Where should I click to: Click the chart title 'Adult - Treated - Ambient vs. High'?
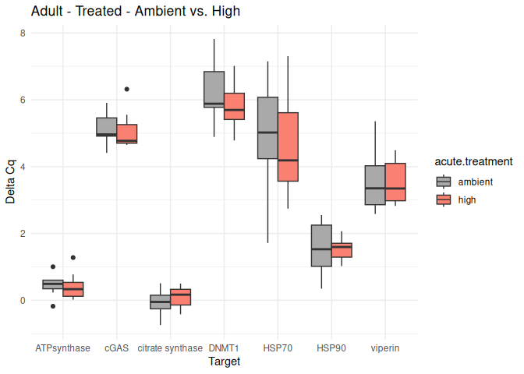136,12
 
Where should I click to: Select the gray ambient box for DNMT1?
214,89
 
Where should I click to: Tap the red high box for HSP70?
289,147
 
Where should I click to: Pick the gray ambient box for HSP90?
322,245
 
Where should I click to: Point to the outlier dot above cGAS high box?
127,90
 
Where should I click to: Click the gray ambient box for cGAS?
107,127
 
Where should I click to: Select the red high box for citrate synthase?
181,297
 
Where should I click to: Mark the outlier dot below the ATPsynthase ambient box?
53,306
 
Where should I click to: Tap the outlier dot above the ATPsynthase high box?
73,257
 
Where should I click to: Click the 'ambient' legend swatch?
444,182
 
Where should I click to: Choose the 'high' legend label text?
467,199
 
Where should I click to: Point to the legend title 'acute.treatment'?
473,162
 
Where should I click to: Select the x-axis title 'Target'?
224,362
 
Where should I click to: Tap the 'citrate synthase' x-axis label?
170,348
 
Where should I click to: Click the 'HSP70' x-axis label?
278,348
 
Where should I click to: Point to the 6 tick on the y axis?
23,100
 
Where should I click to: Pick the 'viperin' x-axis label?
385,348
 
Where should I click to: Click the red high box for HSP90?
342,250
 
